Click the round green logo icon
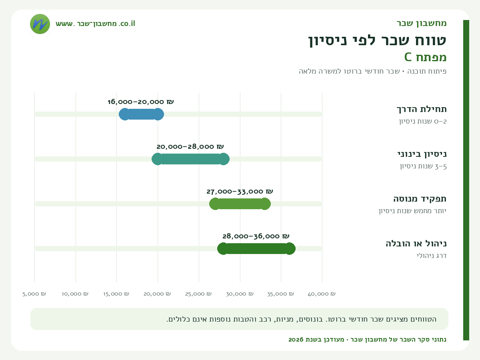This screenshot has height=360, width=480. click(40, 24)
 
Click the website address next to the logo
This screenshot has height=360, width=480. click(95, 24)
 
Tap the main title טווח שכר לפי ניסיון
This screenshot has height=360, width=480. click(377, 40)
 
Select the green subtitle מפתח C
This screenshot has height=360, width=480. click(425, 57)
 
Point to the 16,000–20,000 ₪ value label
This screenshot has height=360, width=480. click(141, 102)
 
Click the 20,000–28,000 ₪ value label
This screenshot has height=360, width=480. click(190, 146)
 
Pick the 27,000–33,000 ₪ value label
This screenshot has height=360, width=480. click(240, 192)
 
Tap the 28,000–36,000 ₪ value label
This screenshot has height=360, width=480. click(256, 236)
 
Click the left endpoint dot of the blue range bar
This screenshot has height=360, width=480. click(125, 114)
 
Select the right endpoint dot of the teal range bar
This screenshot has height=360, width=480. click(224, 159)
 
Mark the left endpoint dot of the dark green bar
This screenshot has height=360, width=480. click(223, 248)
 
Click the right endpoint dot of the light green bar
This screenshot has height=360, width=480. click(265, 204)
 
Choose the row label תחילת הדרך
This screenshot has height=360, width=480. click(422, 109)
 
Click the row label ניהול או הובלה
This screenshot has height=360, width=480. click(416, 243)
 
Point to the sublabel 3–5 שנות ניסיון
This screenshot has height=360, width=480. click(423, 166)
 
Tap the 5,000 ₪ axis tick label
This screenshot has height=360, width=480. click(34, 294)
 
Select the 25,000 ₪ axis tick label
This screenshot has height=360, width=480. click(198, 294)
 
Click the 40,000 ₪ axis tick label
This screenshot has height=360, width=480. click(322, 294)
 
